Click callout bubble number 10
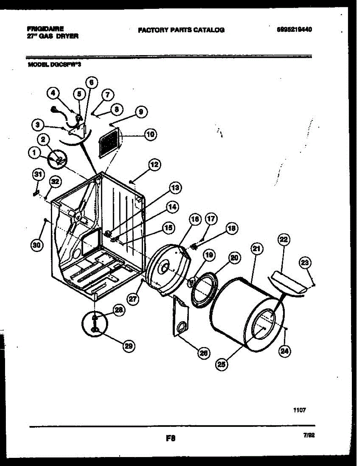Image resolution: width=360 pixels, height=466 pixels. [x=150, y=135]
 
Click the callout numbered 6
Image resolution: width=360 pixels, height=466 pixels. [x=91, y=82]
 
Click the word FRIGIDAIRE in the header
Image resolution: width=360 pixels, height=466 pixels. [x=45, y=29]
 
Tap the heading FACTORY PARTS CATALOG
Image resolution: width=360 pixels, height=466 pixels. [x=181, y=30]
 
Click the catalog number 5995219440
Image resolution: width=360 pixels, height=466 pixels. [x=295, y=30]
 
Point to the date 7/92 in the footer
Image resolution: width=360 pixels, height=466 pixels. [x=309, y=436]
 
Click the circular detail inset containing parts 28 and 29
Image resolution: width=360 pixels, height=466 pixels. [x=94, y=323]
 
